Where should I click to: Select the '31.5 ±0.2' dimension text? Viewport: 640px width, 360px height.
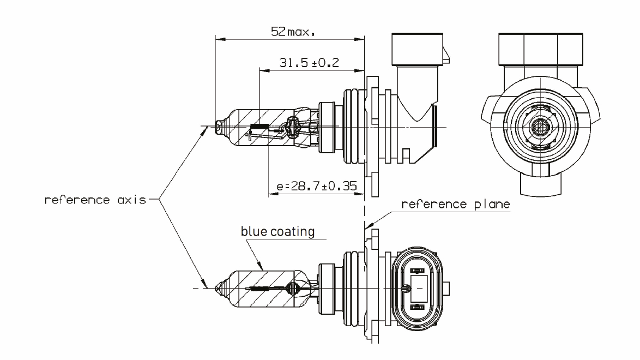[x=309, y=63]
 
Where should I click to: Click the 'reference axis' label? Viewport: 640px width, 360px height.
[x=95, y=200]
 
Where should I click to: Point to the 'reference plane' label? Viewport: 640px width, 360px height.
[x=455, y=205]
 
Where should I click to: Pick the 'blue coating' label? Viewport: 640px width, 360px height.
[x=278, y=231]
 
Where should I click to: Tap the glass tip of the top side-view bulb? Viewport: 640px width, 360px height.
[x=219, y=128]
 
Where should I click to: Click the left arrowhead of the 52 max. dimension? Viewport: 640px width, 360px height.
[x=218, y=39]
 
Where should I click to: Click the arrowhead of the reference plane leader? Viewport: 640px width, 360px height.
[x=366, y=225]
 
